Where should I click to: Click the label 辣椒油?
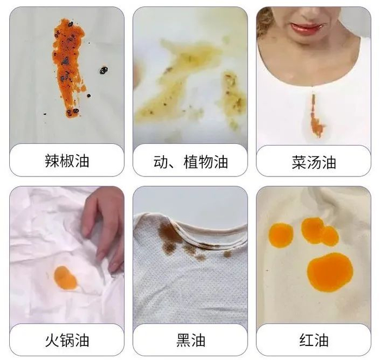[x=67, y=161]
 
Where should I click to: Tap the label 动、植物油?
[x=191, y=162]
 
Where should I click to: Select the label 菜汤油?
[x=314, y=162]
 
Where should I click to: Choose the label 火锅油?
[x=67, y=340]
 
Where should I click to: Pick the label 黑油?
[x=191, y=340]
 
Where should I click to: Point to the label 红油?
[x=314, y=340]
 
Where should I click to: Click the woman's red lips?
[x=306, y=28]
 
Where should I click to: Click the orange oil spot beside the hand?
[x=65, y=278]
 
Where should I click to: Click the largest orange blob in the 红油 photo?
[x=330, y=272]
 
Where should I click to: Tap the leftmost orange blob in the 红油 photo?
[x=281, y=235]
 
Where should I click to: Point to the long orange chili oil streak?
[x=68, y=67]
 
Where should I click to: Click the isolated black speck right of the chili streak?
[x=104, y=70]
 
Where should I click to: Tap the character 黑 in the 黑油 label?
[x=183, y=340]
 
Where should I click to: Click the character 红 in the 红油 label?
[x=307, y=340]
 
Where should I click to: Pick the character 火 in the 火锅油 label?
[x=52, y=340]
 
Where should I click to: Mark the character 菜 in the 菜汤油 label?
[x=299, y=162]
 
